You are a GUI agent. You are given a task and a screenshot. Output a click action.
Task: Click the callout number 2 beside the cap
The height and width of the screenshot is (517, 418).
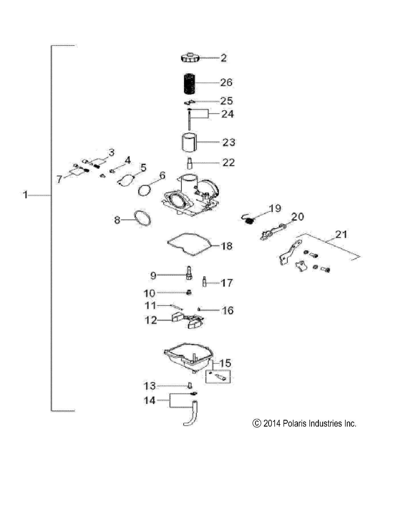point(224,58)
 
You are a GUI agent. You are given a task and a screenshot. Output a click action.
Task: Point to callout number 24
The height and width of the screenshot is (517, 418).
point(227,114)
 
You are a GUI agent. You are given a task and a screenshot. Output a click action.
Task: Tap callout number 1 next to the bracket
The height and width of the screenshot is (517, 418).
point(25,195)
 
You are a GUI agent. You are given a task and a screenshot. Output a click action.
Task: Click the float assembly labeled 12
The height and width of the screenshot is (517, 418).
point(188,320)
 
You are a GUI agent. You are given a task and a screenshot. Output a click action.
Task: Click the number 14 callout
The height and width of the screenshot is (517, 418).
point(150,400)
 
